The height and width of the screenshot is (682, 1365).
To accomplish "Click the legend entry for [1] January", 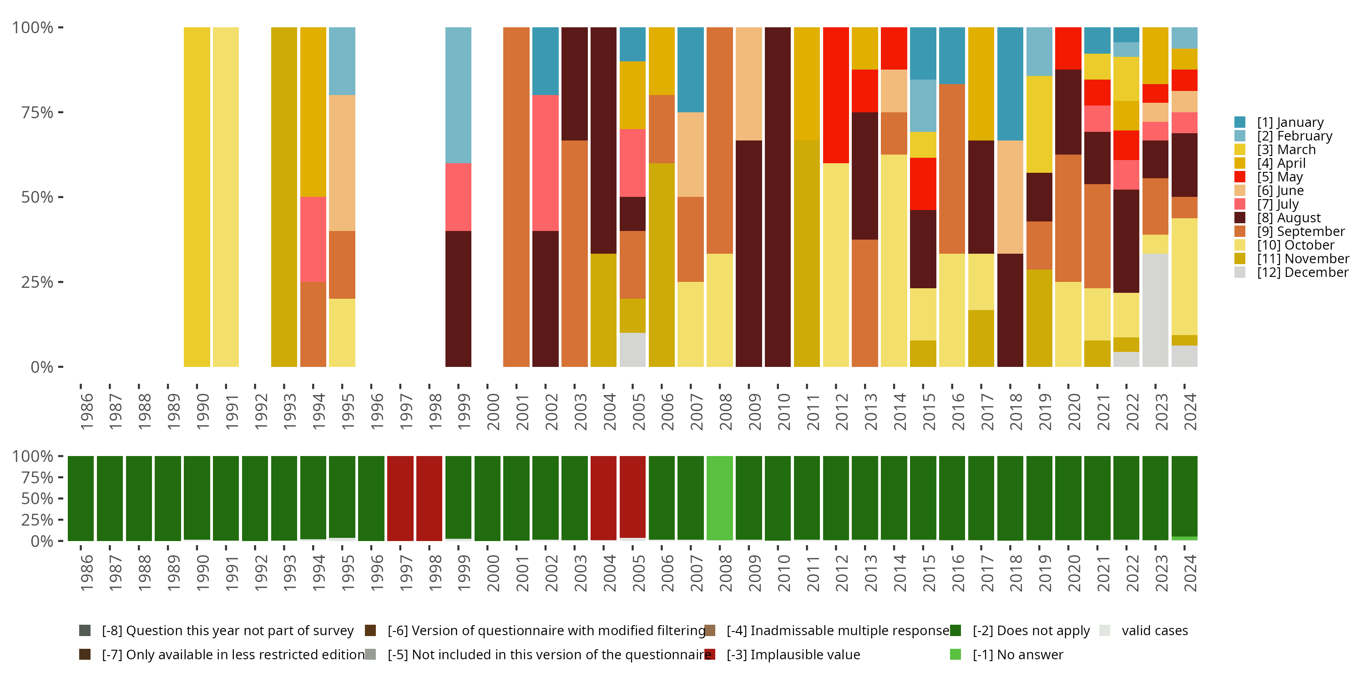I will (1290, 122).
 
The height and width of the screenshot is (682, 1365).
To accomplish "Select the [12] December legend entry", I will (1302, 272).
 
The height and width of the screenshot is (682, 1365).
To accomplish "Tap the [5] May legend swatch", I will (1239, 177).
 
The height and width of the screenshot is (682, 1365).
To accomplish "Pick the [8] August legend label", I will (1289, 218).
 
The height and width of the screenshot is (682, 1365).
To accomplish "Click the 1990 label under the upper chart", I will (202, 412).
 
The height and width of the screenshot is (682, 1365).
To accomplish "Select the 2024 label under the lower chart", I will (1190, 573).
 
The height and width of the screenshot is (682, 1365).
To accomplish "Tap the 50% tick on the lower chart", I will (37, 498).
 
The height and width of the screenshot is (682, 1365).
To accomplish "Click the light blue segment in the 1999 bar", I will (458, 95).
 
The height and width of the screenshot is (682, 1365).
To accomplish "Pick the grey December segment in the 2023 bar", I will (1155, 310).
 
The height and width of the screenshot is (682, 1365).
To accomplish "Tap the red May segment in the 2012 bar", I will (836, 95).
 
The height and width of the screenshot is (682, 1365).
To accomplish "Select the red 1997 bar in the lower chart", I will (400, 498).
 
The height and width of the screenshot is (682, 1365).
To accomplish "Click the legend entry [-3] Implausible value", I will (793, 654).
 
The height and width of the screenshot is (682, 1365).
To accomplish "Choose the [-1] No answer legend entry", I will (1017, 654).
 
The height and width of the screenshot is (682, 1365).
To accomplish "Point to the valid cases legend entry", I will (1154, 631).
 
